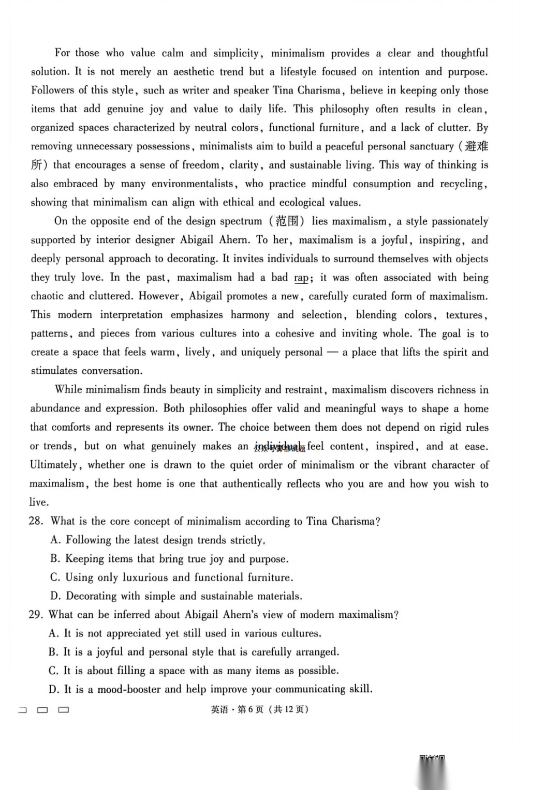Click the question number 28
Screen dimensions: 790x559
click(36, 521)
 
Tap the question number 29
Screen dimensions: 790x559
click(35, 615)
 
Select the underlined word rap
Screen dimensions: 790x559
click(301, 278)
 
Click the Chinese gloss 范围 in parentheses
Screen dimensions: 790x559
click(287, 221)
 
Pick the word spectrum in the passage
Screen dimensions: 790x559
click(241, 221)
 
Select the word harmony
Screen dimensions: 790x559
click(250, 315)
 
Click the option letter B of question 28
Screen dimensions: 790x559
click(55, 559)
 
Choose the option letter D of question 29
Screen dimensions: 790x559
click(54, 689)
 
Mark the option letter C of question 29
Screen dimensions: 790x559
click(53, 671)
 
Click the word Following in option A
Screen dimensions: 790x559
click(88, 540)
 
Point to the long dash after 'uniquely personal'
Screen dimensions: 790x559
click(333, 352)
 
